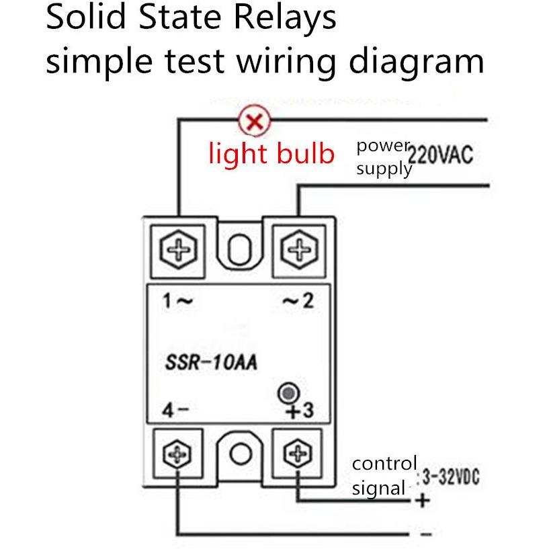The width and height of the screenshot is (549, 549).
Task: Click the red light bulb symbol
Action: pos(255,121)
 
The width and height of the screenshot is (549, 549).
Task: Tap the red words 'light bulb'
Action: pos(271,153)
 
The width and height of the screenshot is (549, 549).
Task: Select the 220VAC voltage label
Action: pos(440,154)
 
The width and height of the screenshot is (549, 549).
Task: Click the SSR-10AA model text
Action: pos(211,362)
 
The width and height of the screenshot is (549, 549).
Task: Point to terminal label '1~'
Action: pos(177,301)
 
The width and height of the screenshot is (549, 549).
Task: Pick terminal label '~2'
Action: pos(298,300)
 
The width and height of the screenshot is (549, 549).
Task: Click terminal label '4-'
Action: pos(175,410)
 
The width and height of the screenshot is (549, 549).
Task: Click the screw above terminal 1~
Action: pos(178,250)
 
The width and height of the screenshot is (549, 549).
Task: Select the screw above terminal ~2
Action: pos(299,249)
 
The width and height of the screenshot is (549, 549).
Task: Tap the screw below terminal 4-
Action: pos(177,454)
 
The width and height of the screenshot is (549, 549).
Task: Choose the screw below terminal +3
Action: pos(297,454)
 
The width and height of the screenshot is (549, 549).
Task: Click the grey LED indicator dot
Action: pos(288,393)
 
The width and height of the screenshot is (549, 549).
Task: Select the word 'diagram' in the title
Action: pos(417,62)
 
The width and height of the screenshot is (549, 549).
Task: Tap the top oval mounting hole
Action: pos(240,249)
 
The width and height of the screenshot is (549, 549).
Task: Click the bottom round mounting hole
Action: pos(241,454)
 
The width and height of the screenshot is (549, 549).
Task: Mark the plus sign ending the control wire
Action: pos(423,501)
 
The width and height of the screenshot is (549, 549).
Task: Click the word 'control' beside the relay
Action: pos(384,464)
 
